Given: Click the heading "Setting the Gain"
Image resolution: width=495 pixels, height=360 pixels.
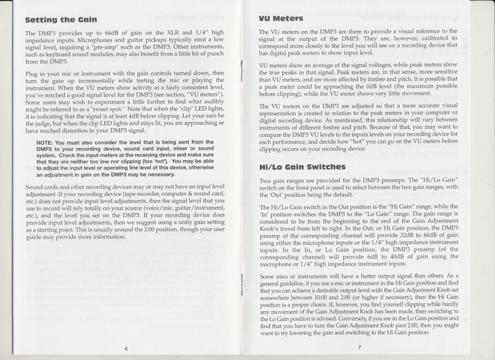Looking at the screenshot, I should [61, 20].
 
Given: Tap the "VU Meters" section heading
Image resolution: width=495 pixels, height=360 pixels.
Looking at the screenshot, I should [281, 19].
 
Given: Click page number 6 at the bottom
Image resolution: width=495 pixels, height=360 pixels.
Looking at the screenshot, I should [127, 348].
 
